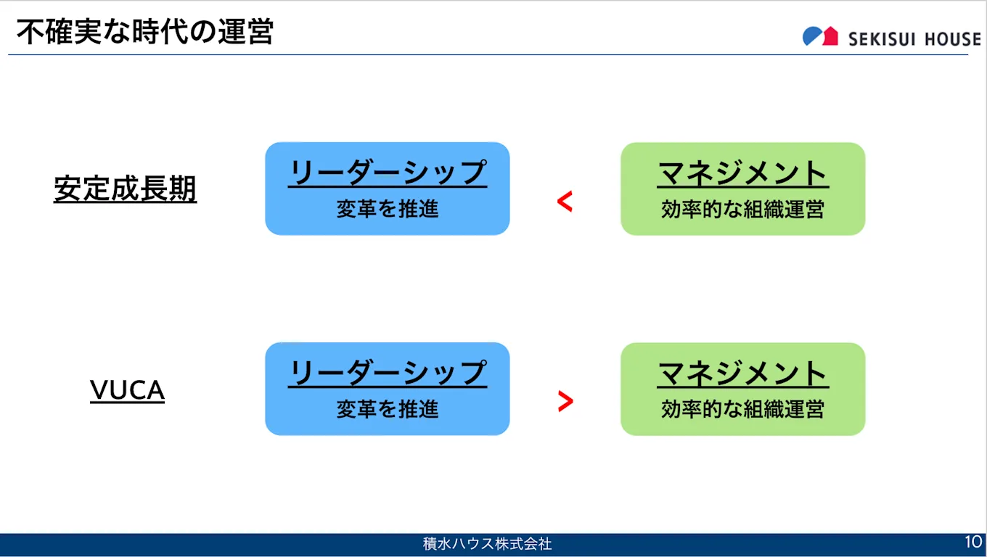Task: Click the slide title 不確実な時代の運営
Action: (144, 33)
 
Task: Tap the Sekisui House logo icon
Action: (820, 36)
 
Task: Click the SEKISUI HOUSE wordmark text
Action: (914, 39)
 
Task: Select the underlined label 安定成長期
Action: (125, 189)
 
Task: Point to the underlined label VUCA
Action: (127, 391)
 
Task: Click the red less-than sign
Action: (565, 202)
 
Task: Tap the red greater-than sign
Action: (565, 401)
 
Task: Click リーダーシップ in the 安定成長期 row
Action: (387, 173)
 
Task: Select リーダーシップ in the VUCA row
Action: (387, 374)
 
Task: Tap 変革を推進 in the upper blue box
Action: (387, 210)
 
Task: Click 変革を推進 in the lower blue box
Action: (387, 410)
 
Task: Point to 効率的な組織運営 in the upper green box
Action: (742, 210)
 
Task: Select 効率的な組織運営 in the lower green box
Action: (742, 410)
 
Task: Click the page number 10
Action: (972, 542)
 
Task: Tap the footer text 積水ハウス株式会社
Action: (487, 543)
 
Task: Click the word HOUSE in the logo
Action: (948, 39)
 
